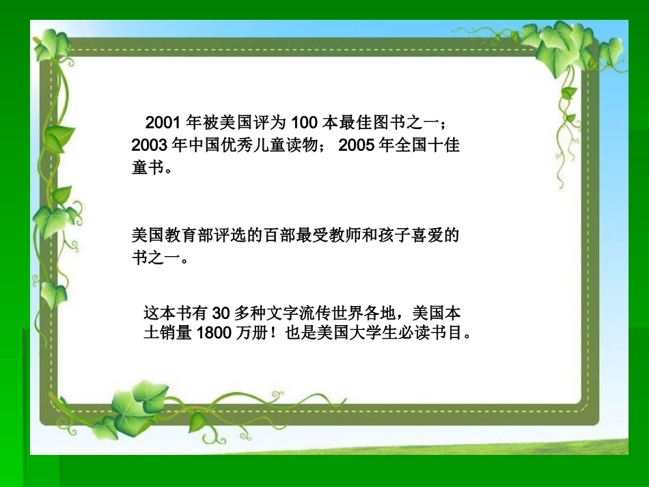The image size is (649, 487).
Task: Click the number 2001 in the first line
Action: (162, 123)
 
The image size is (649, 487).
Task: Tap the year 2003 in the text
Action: (148, 145)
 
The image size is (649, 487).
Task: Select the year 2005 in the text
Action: (356, 145)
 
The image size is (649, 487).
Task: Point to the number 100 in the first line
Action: (304, 123)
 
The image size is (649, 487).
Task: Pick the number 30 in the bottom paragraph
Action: (219, 314)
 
